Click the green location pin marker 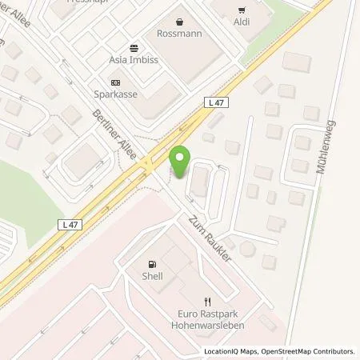(x=181, y=163)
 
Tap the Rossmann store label (x=179, y=34)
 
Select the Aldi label (x=242, y=22)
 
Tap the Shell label (x=152, y=276)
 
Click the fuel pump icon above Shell (x=151, y=263)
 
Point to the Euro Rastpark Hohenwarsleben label (x=206, y=321)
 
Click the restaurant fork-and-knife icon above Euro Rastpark (x=206, y=302)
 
